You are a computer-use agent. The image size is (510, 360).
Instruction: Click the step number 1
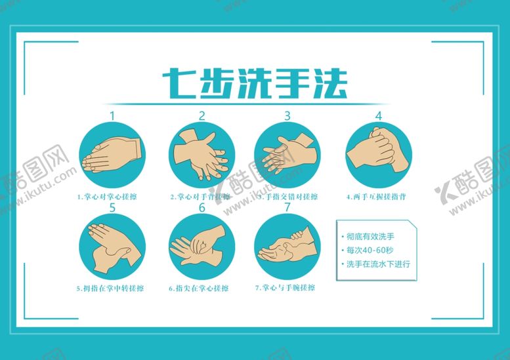(x=112, y=115)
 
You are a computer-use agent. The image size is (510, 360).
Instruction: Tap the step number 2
(x=202, y=115)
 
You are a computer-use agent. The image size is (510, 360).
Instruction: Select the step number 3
(x=287, y=115)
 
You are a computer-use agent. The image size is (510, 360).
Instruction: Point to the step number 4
(x=378, y=115)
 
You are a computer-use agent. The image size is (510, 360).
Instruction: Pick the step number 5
(x=112, y=208)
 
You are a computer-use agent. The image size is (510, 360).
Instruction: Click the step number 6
(x=202, y=208)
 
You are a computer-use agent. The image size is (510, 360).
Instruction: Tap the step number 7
(x=287, y=208)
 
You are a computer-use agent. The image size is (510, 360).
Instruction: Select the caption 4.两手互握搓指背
(x=378, y=196)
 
